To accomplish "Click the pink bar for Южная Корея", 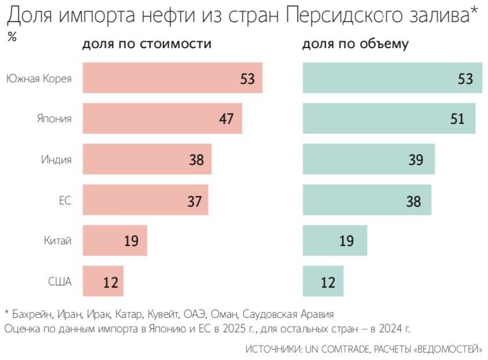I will click(x=172, y=78).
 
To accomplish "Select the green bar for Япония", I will click(x=388, y=119).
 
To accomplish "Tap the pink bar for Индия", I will click(x=146, y=159).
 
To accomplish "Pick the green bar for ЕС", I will click(x=366, y=200).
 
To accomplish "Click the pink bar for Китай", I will click(x=115, y=241).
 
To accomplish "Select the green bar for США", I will click(x=322, y=281).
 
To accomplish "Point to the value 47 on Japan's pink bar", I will click(x=226, y=119).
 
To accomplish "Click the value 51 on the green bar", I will click(x=457, y=119).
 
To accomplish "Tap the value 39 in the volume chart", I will click(x=416, y=160).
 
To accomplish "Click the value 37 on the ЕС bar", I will click(x=195, y=201).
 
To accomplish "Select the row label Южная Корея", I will click(x=39, y=78).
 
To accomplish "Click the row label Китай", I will click(x=58, y=241).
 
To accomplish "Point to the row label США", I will click(x=60, y=282).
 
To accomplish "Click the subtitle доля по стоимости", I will click(x=146, y=45).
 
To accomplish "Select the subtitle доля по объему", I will click(x=355, y=45).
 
